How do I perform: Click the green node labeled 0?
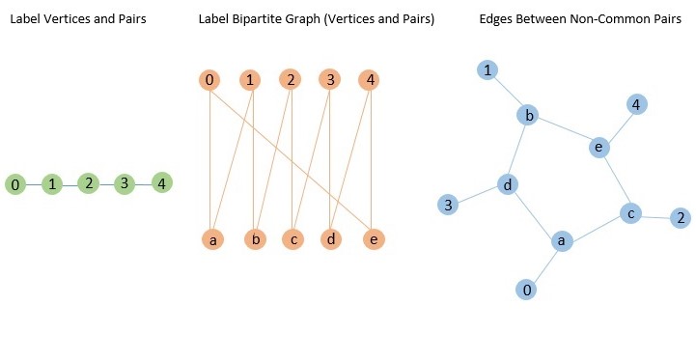coord(14,183)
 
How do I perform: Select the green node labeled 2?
coord(88,182)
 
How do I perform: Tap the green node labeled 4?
coord(162,182)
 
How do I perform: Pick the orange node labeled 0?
coord(209,80)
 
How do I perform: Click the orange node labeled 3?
coord(330,80)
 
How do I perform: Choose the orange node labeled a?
coord(212,238)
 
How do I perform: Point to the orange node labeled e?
coord(372,238)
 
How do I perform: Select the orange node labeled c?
coord(292,238)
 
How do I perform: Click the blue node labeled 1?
coord(489,69)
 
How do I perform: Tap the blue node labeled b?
coord(528,116)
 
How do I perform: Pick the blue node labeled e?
coord(599,147)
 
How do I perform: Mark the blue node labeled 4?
coord(635,104)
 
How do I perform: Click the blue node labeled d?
coord(508,183)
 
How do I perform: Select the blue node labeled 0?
coord(526,289)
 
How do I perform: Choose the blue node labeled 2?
coord(681,217)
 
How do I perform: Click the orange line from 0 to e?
coord(290,158)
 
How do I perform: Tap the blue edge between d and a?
coord(534,211)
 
